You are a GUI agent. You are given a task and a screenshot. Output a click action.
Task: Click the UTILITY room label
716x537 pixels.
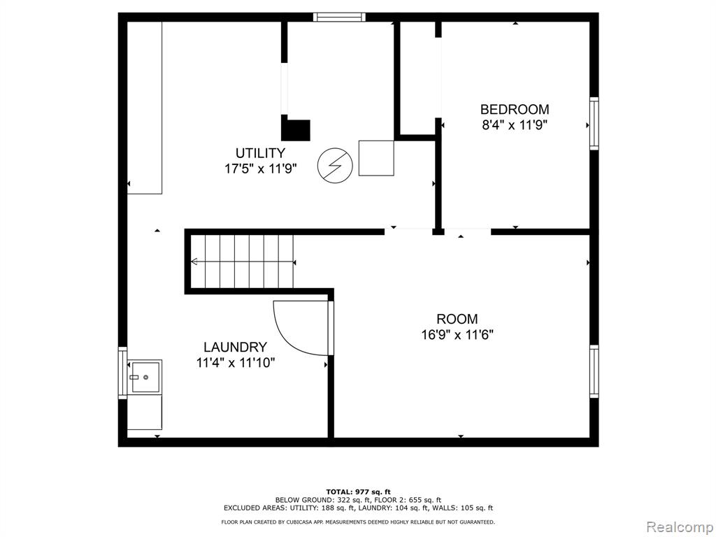(x=260, y=152)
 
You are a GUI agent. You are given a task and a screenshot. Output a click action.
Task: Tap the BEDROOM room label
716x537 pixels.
(x=515, y=109)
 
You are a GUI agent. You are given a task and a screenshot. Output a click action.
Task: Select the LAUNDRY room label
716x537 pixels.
(x=235, y=347)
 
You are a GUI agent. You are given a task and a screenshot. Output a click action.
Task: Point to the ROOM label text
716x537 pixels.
(x=457, y=319)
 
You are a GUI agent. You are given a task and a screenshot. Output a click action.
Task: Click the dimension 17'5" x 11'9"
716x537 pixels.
(x=260, y=169)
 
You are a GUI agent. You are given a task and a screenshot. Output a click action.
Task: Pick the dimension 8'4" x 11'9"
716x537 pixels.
(x=515, y=124)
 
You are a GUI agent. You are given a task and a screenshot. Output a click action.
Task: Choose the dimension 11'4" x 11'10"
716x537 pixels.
(x=235, y=363)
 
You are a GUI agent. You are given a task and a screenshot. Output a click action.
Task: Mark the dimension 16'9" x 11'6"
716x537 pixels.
(x=457, y=335)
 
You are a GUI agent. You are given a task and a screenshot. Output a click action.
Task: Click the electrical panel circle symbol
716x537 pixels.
(x=335, y=165)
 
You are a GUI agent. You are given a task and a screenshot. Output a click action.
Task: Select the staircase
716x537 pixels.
(x=242, y=262)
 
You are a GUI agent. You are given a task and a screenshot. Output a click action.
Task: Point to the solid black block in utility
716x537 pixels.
(x=296, y=129)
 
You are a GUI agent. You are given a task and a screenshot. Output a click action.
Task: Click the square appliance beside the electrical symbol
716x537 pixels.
(x=376, y=158)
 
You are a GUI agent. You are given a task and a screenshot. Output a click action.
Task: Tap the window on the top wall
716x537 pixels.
(x=339, y=17)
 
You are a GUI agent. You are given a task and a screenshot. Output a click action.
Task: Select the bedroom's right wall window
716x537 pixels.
(x=594, y=123)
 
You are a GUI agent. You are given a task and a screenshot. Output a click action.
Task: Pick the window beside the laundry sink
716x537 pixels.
(x=122, y=373)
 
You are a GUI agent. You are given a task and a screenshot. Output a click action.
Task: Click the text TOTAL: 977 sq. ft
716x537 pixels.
(x=359, y=492)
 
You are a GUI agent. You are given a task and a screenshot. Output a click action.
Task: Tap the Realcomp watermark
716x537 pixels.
(x=680, y=527)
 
